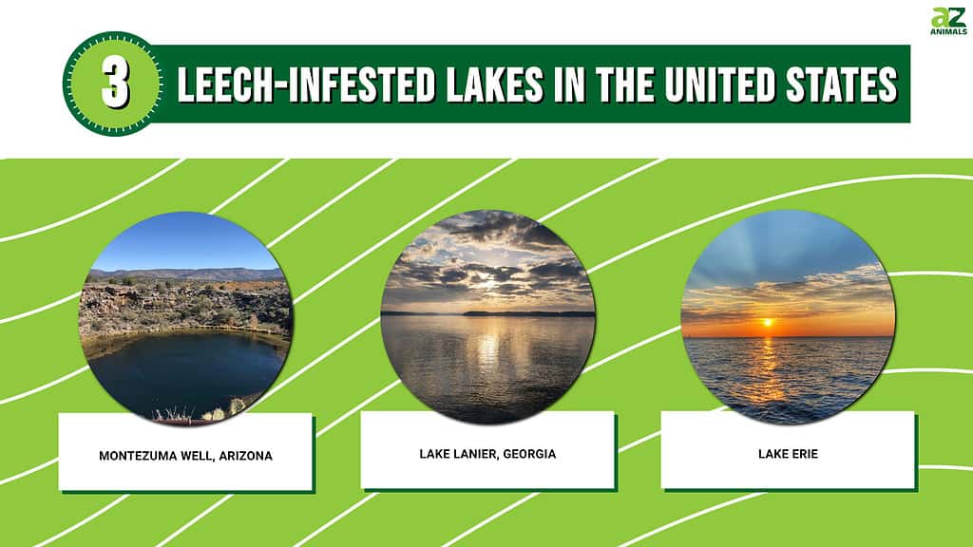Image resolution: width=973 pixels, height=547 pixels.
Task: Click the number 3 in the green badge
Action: pyautogui.click(x=115, y=85)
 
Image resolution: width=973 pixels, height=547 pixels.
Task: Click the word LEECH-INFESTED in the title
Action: pyautogui.click(x=306, y=85)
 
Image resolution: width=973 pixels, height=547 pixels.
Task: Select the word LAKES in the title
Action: pyautogui.click(x=494, y=85)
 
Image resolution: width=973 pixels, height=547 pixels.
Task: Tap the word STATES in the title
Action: pyautogui.click(x=842, y=85)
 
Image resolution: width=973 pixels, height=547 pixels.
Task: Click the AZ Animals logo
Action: pyautogui.click(x=949, y=21)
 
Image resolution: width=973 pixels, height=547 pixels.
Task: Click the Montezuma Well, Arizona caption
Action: pyautogui.click(x=185, y=456)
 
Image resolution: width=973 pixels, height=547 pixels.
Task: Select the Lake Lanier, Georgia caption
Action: pyautogui.click(x=487, y=454)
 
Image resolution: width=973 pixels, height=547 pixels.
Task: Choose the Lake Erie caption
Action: pyautogui.click(x=788, y=454)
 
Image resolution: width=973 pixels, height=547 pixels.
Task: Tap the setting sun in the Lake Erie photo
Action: pyautogui.click(x=768, y=323)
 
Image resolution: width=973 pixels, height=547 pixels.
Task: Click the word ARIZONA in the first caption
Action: pyautogui.click(x=246, y=456)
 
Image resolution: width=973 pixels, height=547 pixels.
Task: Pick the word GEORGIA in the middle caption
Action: pyautogui.click(x=529, y=454)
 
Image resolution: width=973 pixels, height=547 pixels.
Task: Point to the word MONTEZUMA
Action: pyautogui.click(x=137, y=456)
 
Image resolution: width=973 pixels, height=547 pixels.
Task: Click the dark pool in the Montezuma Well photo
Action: pyautogui.click(x=186, y=372)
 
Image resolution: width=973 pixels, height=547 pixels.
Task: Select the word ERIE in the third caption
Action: pyautogui.click(x=805, y=454)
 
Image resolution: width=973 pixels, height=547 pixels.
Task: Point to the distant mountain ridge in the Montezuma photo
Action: pyautogui.click(x=186, y=273)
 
